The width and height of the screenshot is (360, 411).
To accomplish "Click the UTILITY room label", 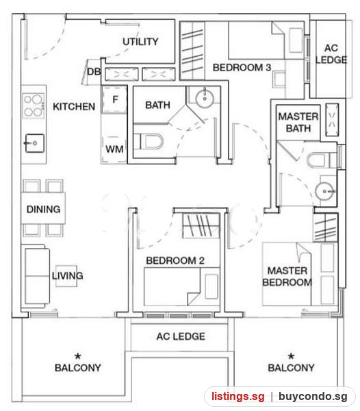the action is point(140,42).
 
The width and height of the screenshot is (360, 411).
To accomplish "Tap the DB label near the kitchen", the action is point(94,71).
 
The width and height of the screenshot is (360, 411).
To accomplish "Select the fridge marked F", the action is point(115,99).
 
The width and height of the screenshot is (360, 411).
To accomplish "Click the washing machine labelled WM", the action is point(114,149).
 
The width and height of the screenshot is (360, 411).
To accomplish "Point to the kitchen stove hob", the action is point(34,105).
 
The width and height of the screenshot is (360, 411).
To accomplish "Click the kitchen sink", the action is point(34,143).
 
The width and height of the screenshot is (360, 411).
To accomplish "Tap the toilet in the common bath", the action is point(149,142).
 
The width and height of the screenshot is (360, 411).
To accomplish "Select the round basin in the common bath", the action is point(205,99).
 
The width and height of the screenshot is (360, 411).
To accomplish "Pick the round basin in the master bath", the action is point(324,191).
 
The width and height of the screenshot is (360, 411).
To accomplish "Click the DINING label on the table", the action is point(44,209).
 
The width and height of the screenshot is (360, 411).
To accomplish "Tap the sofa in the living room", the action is point(36,275).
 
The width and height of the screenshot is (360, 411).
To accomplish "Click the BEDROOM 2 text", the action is point(175,260).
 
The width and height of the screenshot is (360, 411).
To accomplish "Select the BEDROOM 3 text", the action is point(242,68).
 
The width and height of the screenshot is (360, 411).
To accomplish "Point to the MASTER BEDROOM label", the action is point(287,277).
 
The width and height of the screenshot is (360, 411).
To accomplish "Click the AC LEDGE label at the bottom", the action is point(181,336).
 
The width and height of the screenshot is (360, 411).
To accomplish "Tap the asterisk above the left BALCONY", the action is point(78,356).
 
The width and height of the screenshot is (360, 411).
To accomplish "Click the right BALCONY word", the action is point(291,368).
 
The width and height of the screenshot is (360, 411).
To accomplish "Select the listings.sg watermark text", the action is point(238,397).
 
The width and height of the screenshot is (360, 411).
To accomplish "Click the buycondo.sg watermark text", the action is point(313,397).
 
